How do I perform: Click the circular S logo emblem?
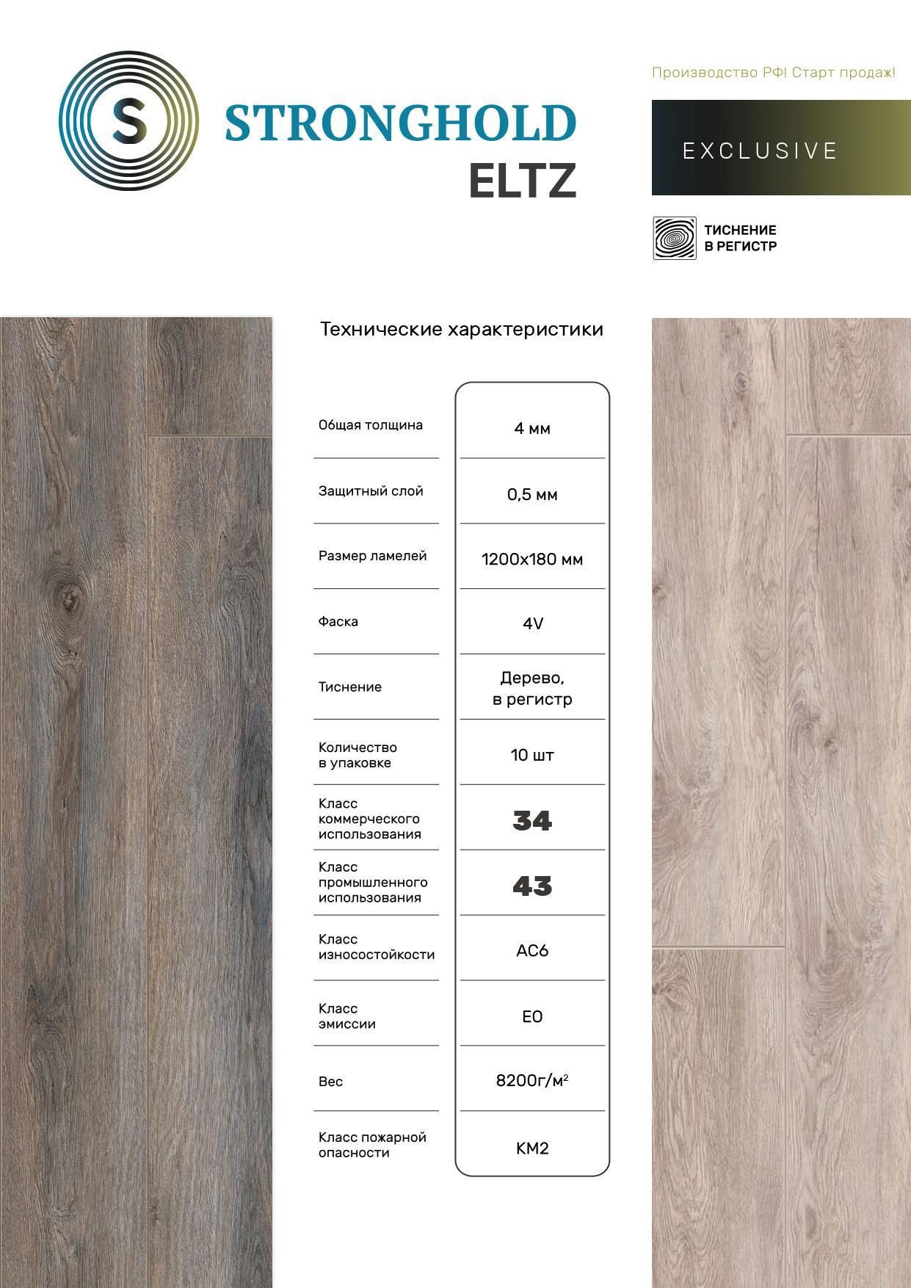click(x=128, y=121)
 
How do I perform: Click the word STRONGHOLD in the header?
click(x=400, y=123)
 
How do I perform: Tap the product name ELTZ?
click(x=522, y=181)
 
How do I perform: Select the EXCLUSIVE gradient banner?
click(x=780, y=148)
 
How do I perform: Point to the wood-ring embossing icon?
click(x=674, y=238)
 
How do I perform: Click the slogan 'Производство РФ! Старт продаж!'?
click(x=773, y=73)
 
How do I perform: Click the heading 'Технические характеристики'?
click(x=461, y=329)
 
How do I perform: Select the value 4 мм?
click(x=532, y=428)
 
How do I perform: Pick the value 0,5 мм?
click(x=532, y=494)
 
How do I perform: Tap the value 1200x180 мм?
click(x=532, y=560)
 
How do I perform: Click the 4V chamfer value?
click(x=532, y=623)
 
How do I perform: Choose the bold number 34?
click(x=532, y=820)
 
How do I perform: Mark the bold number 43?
click(x=532, y=886)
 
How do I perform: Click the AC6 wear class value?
click(x=532, y=950)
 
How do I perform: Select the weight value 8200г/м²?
click(x=532, y=1080)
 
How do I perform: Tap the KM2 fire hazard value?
click(x=532, y=1148)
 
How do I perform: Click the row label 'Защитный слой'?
click(x=371, y=491)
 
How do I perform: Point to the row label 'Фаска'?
click(x=338, y=621)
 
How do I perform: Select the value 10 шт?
click(x=532, y=755)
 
